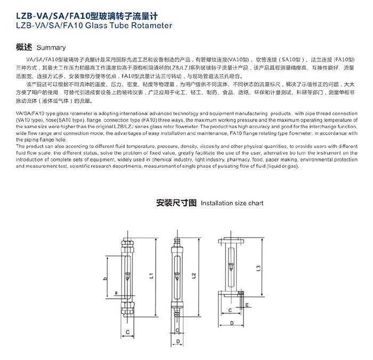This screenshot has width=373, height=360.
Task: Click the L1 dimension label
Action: tap(151, 276)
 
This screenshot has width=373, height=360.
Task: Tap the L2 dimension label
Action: tap(193, 275)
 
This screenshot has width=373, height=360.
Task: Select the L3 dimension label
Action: tap(258, 269)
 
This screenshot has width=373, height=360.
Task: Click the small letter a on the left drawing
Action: tap(116, 292)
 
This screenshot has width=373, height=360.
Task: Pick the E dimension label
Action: tap(247, 305)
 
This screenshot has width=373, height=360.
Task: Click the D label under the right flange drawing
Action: tap(233, 323)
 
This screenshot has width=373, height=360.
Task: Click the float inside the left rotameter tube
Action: tap(128, 276)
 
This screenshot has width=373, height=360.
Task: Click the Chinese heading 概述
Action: tap(25, 47)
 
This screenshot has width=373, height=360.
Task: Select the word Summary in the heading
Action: tap(52, 48)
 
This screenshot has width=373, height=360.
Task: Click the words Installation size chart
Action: tap(232, 203)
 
